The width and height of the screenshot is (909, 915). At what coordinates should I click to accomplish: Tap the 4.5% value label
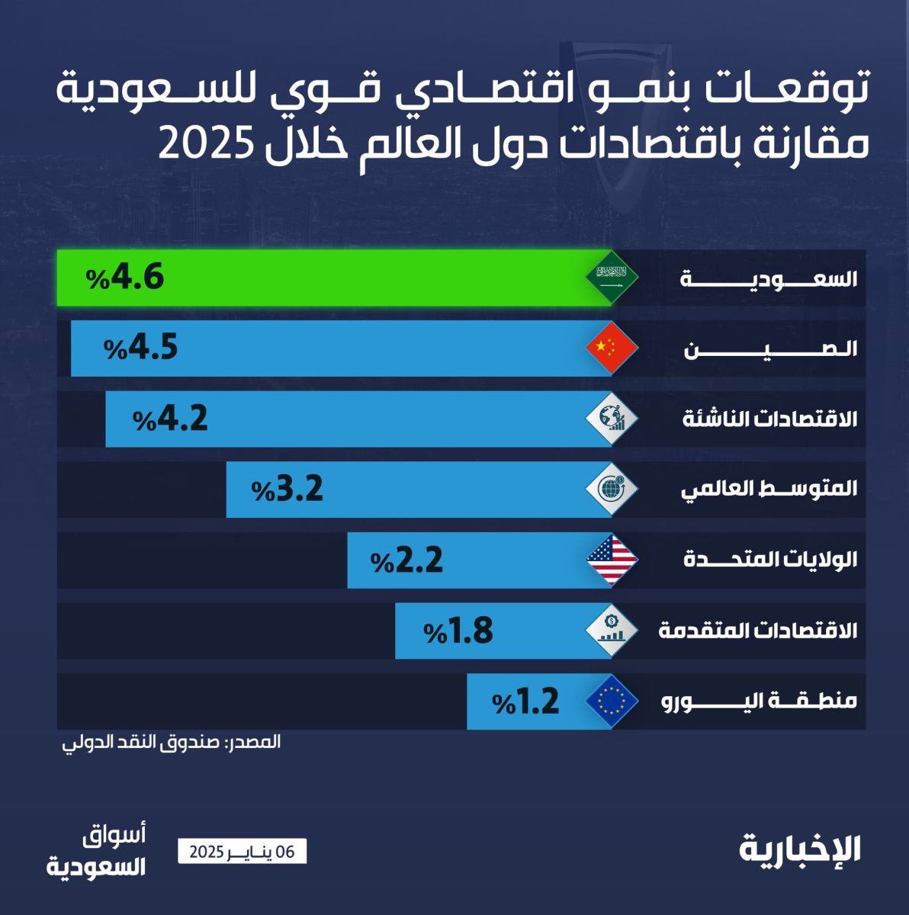[141, 348]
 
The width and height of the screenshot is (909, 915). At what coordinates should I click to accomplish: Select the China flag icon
[612, 348]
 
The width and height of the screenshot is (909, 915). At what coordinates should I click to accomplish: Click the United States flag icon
[612, 560]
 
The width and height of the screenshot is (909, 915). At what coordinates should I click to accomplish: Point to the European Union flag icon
[612, 701]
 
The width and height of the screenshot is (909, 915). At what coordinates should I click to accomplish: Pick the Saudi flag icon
[612, 278]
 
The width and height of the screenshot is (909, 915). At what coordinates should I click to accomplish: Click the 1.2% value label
[526, 701]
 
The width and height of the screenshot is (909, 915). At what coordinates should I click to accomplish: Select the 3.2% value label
[287, 489]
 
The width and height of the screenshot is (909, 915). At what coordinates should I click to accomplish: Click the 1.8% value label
[459, 631]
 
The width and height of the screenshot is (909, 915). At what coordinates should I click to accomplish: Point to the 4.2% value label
[171, 419]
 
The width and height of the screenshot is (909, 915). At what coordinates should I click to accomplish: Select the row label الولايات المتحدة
[770, 560]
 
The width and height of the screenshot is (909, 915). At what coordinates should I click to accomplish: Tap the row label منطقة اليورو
[759, 701]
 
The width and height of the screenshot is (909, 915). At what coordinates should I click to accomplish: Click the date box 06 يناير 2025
[242, 852]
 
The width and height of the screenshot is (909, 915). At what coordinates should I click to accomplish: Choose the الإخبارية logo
[800, 849]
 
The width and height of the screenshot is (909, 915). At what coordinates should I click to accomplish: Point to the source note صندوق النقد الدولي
[171, 742]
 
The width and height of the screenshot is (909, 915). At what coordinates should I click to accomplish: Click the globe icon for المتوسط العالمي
[612, 489]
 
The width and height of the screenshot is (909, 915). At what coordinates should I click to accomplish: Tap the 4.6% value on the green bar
[126, 278]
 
